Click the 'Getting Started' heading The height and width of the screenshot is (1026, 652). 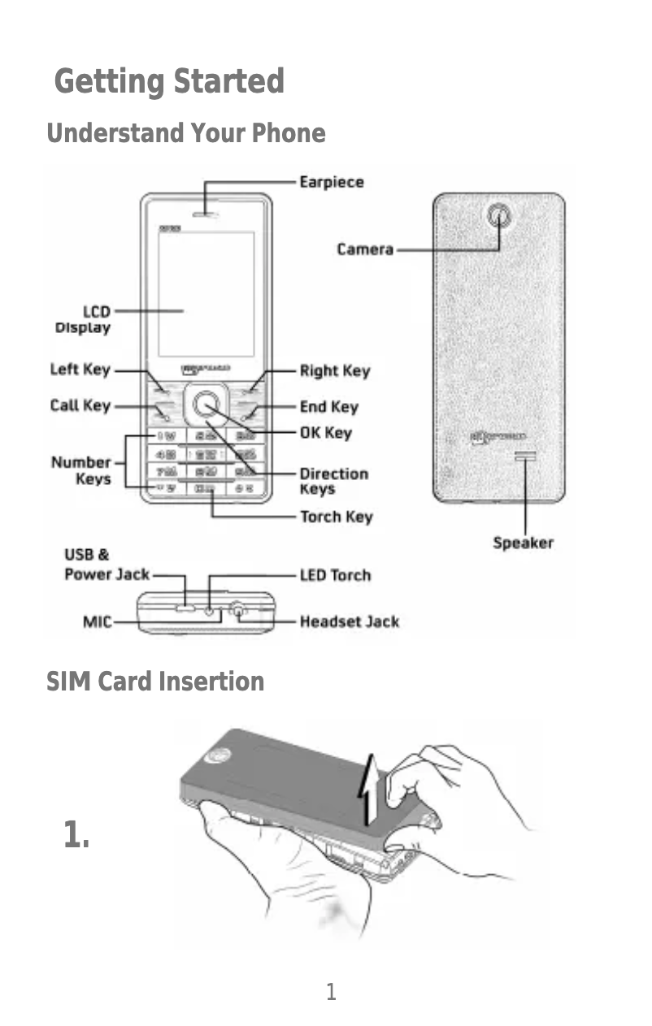pos(169,82)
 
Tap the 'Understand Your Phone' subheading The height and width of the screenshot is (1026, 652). pos(186,133)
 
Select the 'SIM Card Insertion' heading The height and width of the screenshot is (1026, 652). pos(155,681)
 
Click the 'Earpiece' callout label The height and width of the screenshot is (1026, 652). pos(332,182)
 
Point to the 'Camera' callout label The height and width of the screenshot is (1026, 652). pos(365,249)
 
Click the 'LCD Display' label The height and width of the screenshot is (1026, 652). pos(83,319)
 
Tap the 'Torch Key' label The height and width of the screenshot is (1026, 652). pos(337,516)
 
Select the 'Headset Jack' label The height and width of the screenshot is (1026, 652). pos(350,621)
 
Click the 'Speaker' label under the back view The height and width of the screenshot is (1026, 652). pos(524,543)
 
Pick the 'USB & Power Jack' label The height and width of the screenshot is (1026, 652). pos(106,565)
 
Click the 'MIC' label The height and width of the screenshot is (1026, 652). pos(97,621)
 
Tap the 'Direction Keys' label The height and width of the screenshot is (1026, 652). pos(334,480)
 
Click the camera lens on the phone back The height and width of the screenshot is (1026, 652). pos(499,216)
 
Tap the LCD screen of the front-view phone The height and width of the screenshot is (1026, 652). pos(206,292)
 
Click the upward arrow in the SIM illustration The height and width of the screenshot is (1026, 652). pos(370,788)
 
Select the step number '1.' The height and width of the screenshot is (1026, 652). pos(76,834)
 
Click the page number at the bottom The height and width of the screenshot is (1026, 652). pos(330,991)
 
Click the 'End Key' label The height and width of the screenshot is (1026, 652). pos(329,406)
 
